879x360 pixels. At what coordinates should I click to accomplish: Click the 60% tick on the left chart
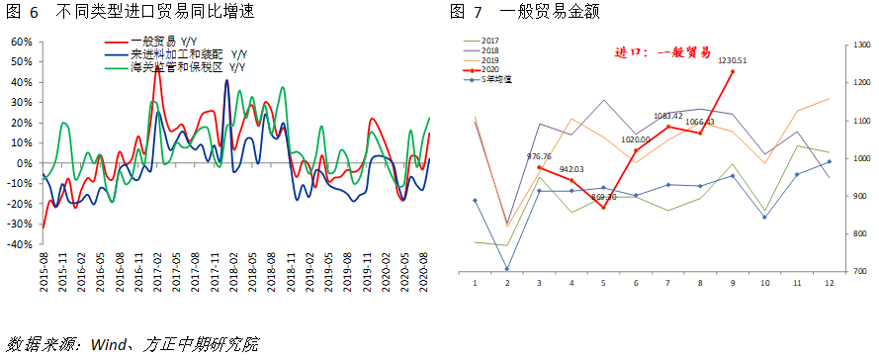click(x=21, y=42)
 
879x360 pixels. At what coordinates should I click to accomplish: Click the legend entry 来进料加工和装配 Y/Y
click(x=176, y=54)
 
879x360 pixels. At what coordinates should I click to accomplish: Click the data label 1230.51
click(x=733, y=60)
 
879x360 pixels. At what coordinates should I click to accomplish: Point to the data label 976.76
click(x=540, y=156)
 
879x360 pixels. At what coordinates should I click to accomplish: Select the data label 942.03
click(x=572, y=169)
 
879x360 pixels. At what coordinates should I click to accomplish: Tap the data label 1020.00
click(x=637, y=140)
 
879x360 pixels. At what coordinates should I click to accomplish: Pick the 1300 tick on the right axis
click(x=857, y=45)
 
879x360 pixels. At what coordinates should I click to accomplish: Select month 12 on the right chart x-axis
click(x=829, y=283)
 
